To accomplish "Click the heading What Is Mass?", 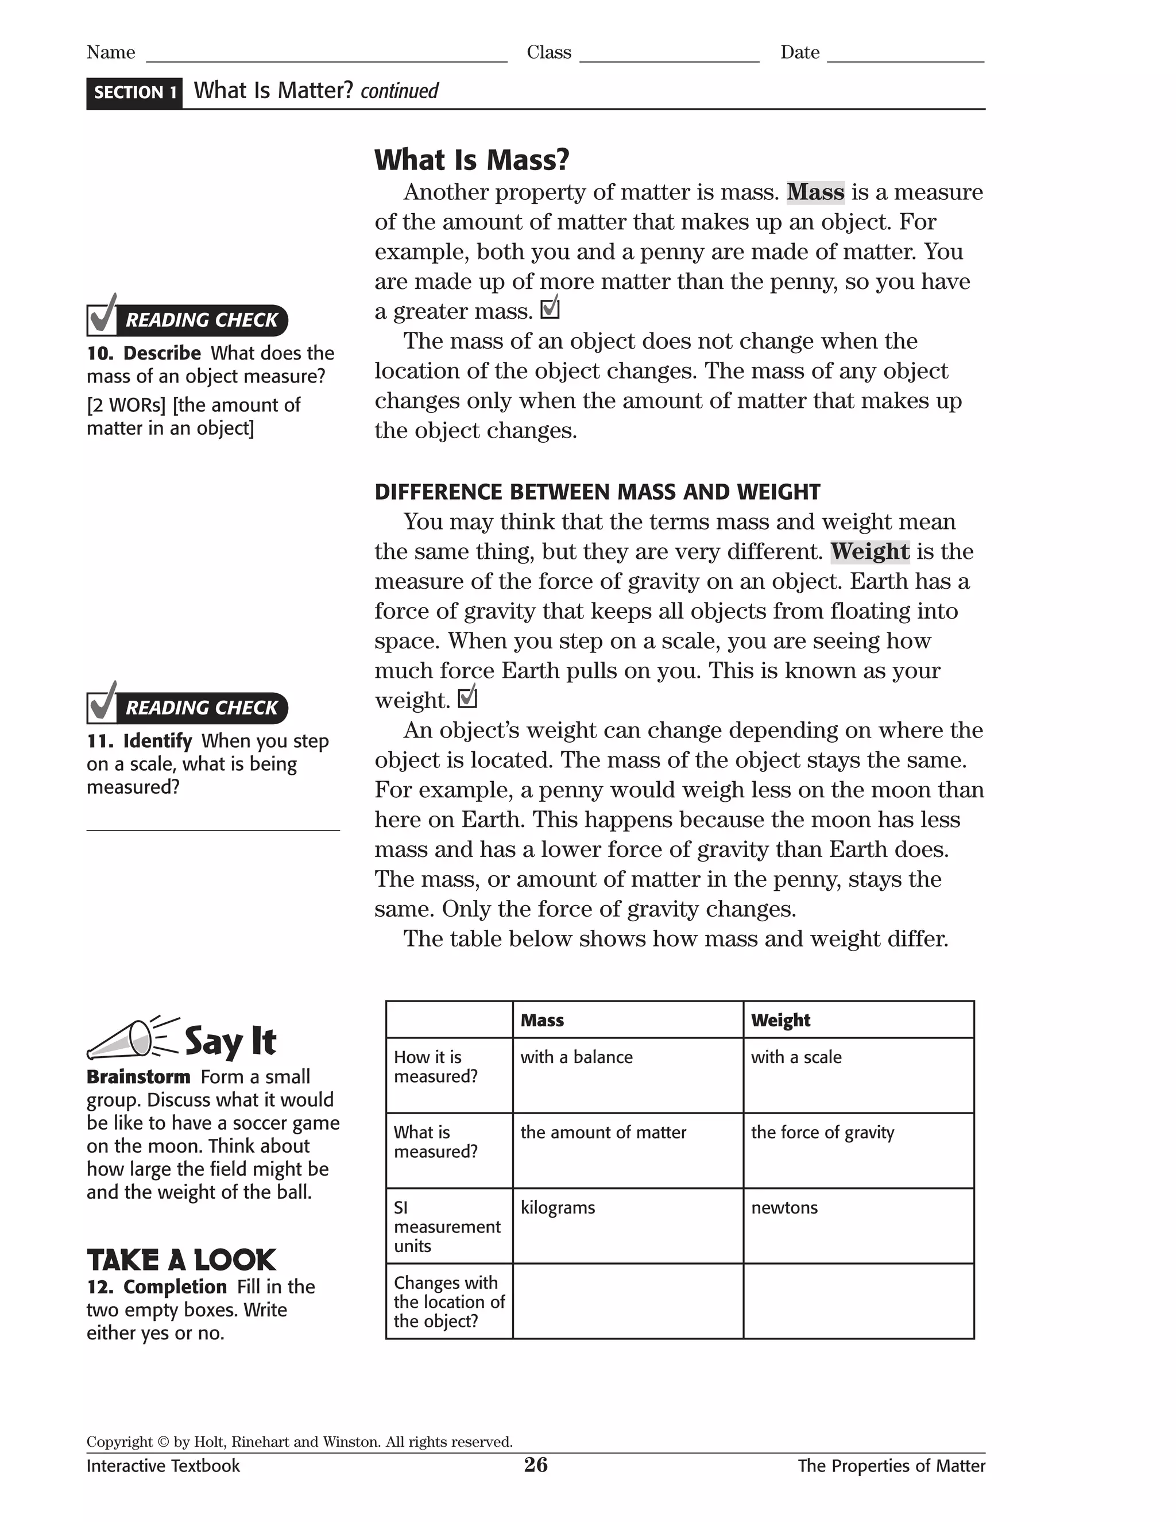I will (471, 160).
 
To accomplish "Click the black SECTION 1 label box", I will (134, 92).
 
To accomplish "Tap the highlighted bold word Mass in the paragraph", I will (815, 192).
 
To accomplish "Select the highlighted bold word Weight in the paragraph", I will (869, 552).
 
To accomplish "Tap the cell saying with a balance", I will (627, 1075).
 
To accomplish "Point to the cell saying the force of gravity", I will (858, 1150).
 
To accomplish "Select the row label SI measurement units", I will (448, 1227).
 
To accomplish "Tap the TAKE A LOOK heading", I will (181, 1260).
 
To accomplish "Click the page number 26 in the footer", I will (536, 1465).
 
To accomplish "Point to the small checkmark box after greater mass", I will (550, 308).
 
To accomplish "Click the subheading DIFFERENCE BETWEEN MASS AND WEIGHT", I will (597, 492).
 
